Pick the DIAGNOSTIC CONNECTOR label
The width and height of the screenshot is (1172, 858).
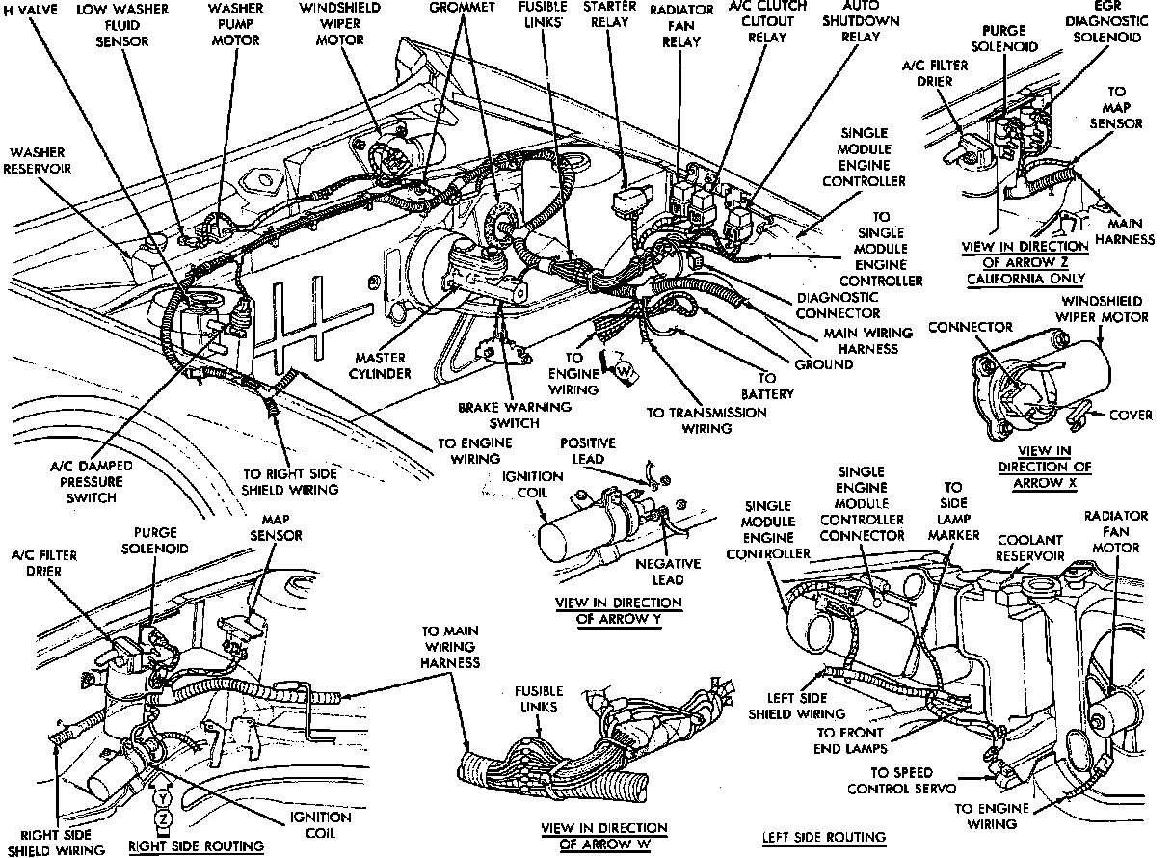tap(838, 305)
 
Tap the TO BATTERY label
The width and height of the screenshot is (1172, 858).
tap(766, 386)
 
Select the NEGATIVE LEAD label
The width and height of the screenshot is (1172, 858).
tap(660, 572)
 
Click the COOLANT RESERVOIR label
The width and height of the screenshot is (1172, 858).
tap(1030, 549)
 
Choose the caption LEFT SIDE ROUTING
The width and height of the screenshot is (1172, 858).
tap(823, 836)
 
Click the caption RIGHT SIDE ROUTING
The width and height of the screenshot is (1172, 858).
tap(197, 846)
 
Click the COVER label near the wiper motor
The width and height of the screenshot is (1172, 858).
tap(1131, 416)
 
